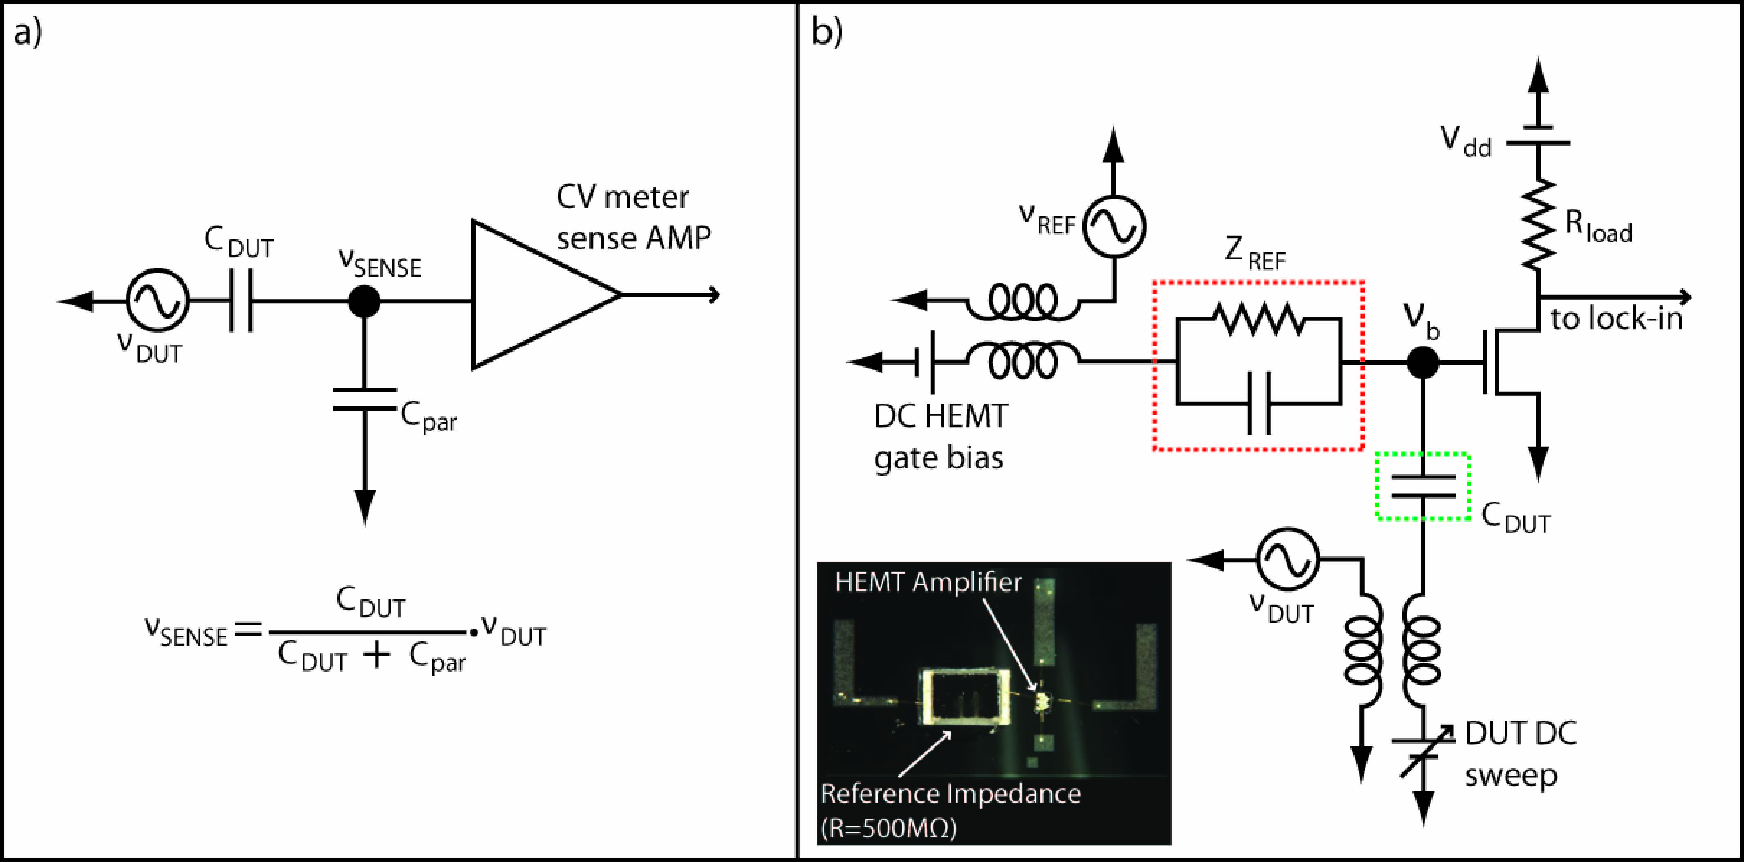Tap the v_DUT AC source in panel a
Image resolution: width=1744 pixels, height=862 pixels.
pyautogui.click(x=157, y=301)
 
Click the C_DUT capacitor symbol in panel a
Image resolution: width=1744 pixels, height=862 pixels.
pyautogui.click(x=241, y=301)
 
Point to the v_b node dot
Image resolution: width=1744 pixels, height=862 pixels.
pyautogui.click(x=1422, y=363)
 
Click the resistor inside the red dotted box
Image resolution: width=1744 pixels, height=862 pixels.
pyautogui.click(x=1258, y=320)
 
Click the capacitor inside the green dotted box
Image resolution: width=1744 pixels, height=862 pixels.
pyautogui.click(x=1423, y=486)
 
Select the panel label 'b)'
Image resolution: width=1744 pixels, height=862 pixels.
pyautogui.click(x=827, y=33)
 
